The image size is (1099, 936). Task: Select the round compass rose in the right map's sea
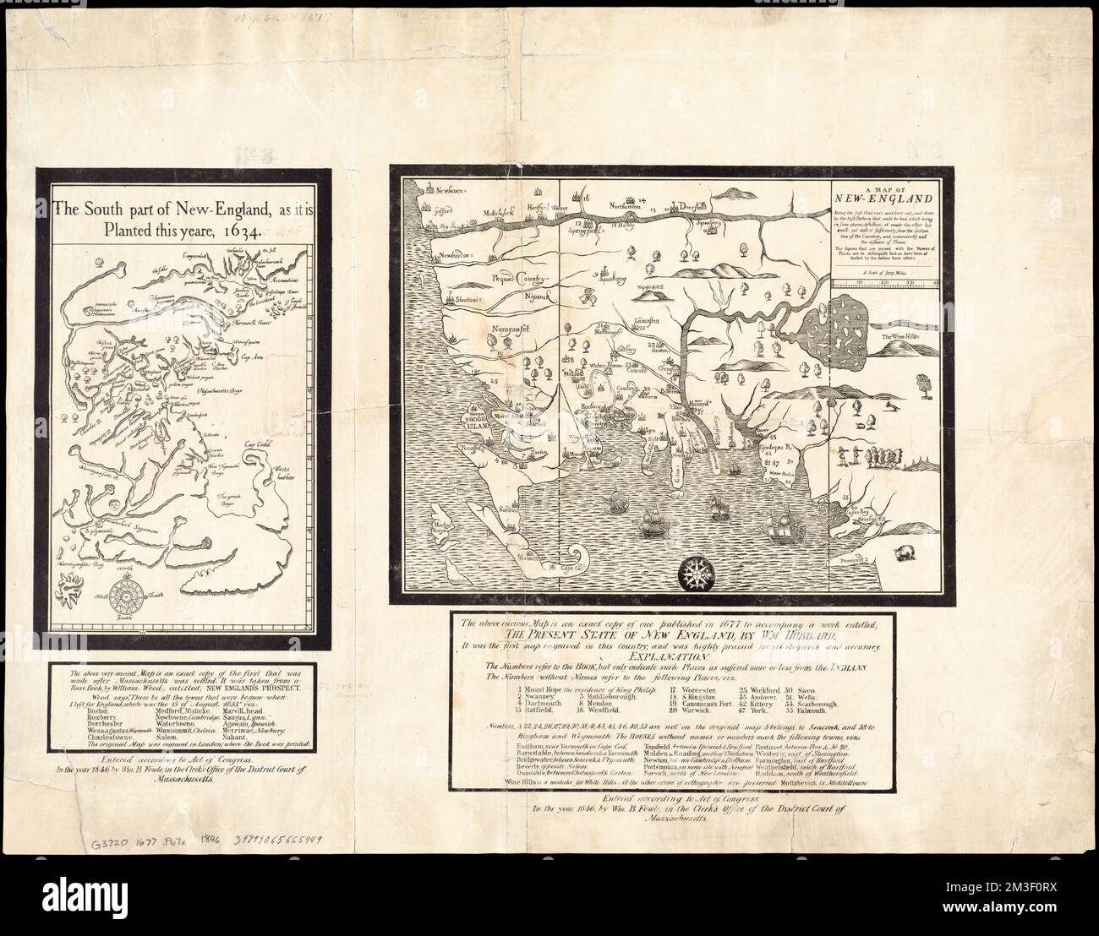tap(698, 570)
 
